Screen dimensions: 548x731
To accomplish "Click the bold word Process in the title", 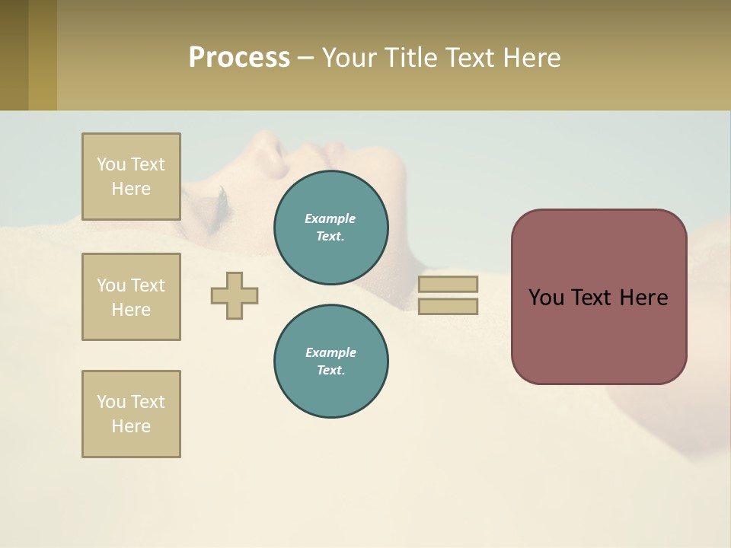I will [x=239, y=58].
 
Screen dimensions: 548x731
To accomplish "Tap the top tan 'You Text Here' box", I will [x=131, y=177].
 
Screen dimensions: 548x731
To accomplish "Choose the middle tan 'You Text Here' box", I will [x=131, y=297].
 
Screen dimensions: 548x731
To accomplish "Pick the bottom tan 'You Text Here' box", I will [x=131, y=414].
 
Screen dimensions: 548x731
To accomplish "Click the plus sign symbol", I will [x=235, y=295].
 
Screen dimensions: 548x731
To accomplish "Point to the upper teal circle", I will [x=331, y=228].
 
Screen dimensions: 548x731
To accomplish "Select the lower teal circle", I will [x=331, y=362].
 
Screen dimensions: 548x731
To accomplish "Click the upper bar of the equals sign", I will [x=448, y=284].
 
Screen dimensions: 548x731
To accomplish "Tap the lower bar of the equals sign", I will [x=448, y=307].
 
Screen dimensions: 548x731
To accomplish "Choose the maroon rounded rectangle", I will [x=599, y=335].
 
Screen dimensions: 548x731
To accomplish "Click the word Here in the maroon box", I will [x=643, y=298].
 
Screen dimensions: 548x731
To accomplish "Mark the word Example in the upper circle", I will [x=330, y=218].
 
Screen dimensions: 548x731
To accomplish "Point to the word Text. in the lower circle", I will [x=330, y=371].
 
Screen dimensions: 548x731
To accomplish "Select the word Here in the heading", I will [x=531, y=58].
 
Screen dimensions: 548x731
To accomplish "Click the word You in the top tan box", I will [x=111, y=164].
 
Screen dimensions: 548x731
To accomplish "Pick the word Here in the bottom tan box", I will [x=131, y=426].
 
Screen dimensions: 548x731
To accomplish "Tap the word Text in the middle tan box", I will [x=148, y=285].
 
